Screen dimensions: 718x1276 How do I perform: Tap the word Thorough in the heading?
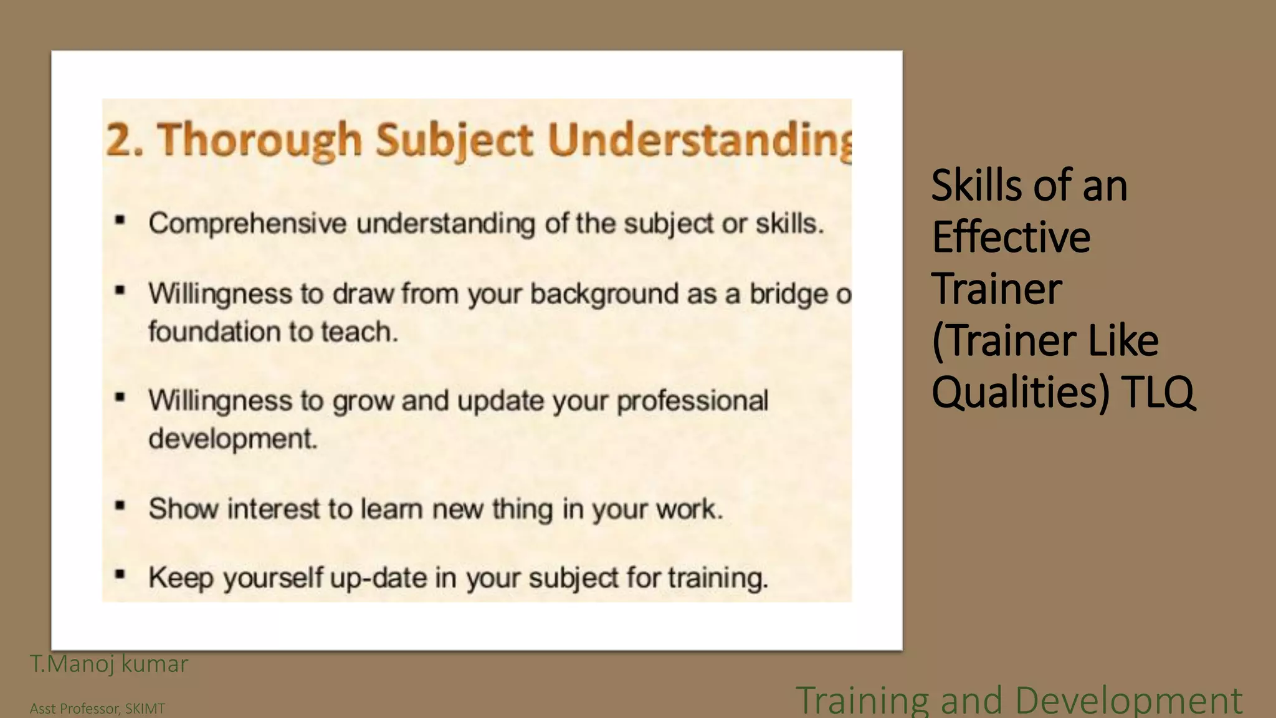[259, 140]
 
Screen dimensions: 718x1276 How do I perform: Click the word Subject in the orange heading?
[454, 140]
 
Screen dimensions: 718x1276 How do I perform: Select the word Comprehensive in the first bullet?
[247, 223]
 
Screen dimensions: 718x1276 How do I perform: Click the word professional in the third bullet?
[692, 401]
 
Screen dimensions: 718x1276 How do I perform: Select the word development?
[233, 439]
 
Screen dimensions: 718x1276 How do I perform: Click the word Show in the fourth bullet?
[183, 509]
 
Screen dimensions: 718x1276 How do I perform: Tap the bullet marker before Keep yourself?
[120, 575]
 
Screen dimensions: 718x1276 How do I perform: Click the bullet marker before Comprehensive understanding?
[120, 220]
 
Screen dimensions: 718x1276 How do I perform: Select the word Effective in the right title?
[1011, 237]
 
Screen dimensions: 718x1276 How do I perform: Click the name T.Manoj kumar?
[108, 664]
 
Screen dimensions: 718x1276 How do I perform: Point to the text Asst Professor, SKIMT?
[97, 709]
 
